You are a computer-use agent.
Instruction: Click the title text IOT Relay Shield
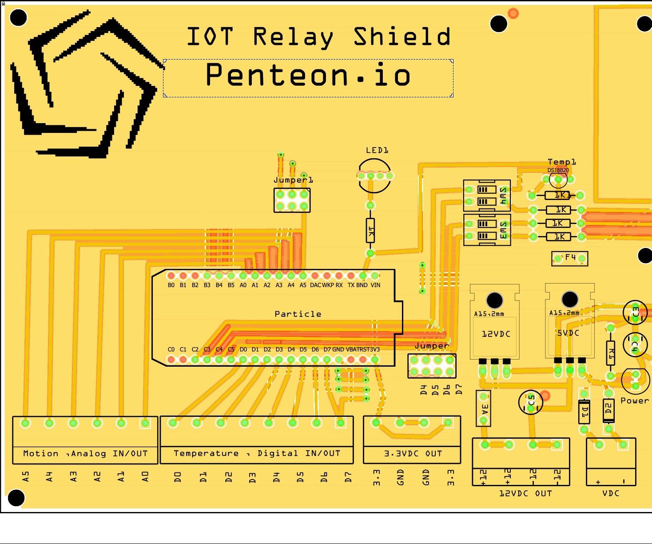tap(318, 36)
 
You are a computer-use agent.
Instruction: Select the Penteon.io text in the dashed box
tap(308, 75)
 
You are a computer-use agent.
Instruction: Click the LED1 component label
tap(377, 150)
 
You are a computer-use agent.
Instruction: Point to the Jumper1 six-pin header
tap(292, 200)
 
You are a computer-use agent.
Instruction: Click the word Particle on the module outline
tap(298, 314)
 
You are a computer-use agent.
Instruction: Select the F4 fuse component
tap(570, 258)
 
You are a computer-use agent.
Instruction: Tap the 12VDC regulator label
tap(496, 334)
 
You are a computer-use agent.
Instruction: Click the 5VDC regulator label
tap(568, 333)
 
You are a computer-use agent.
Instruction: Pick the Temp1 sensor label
tap(561, 162)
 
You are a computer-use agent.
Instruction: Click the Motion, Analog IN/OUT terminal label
tap(85, 454)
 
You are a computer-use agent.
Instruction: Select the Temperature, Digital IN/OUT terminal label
tap(257, 453)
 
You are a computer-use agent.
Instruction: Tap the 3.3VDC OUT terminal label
tap(413, 454)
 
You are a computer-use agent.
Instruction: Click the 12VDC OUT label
tap(525, 493)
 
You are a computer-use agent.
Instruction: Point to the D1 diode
tap(584, 411)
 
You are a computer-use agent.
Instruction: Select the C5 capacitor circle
tap(530, 402)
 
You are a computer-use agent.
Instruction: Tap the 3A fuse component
tap(484, 408)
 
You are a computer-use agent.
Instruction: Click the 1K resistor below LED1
tap(370, 230)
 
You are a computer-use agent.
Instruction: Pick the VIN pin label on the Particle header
tap(375, 285)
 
